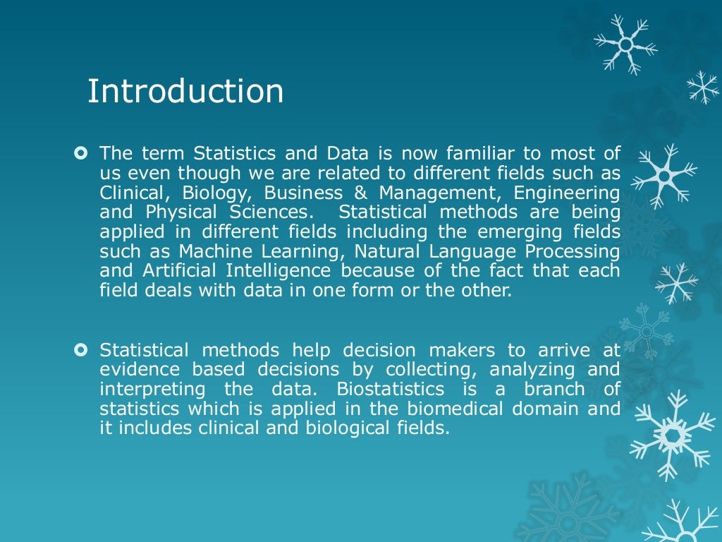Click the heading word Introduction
[185, 92]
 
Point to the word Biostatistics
[391, 389]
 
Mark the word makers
[463, 349]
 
